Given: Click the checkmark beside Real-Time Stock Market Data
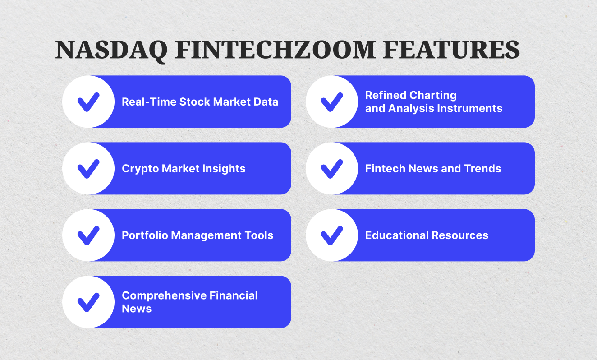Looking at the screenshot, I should [x=88, y=102].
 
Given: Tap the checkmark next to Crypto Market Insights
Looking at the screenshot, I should [x=88, y=169].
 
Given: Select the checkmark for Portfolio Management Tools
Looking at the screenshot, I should [x=88, y=235].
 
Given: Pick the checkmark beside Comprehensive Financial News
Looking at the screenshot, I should [x=88, y=302].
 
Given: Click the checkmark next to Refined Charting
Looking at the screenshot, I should [x=332, y=102].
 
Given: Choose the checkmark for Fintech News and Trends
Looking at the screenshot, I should [x=332, y=169].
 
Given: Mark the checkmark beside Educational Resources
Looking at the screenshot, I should [x=332, y=235].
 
